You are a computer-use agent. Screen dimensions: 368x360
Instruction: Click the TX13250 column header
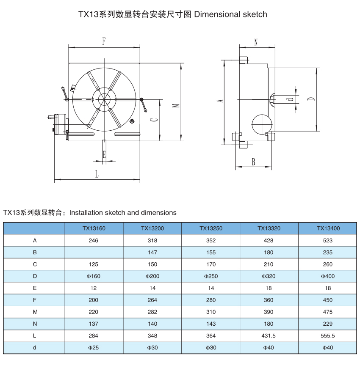coord(211,228)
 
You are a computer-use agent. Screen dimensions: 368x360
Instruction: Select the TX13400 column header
coord(328,228)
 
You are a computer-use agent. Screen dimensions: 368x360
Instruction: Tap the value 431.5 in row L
coord(269,335)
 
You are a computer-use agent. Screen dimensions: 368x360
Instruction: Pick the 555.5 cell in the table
coord(328,335)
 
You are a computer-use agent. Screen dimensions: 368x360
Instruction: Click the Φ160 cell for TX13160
coord(94,276)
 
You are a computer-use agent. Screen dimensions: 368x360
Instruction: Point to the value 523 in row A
coord(328,240)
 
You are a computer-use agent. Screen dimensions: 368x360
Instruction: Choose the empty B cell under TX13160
coord(94,253)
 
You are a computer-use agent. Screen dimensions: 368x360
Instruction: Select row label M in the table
coord(35,312)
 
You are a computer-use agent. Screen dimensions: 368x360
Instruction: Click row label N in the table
coord(35,324)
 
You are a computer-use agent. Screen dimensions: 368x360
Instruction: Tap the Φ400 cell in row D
coord(328,276)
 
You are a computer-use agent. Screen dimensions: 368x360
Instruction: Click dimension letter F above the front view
coord(104,41)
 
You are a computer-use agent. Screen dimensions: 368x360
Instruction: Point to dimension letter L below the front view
coord(97,174)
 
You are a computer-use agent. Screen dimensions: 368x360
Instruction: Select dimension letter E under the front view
coord(104,155)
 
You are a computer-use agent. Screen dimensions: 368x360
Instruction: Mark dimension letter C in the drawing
coord(155,120)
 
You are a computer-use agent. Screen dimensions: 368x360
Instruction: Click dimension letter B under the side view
coord(253,162)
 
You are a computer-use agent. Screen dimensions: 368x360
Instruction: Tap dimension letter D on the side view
coord(311,99)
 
